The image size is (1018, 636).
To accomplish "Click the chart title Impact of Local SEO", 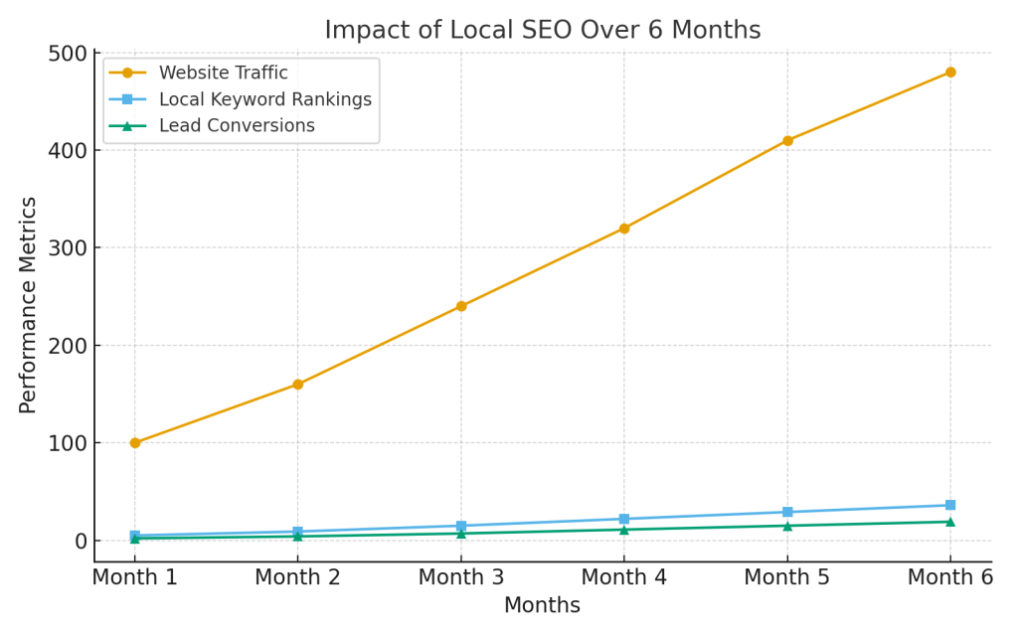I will click(542, 31).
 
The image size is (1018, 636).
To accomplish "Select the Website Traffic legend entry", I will click(223, 73).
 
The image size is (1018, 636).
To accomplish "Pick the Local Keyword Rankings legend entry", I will click(264, 99).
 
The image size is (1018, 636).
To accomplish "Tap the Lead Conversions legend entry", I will click(237, 126).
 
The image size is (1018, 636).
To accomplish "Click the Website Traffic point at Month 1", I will click(135, 443).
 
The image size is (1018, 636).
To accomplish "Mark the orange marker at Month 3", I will click(461, 306).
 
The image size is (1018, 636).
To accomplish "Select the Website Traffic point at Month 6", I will click(950, 73).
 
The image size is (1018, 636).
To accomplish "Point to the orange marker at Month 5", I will click(787, 140).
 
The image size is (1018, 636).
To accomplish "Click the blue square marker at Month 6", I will click(950, 505).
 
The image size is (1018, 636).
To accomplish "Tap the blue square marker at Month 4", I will click(624, 519).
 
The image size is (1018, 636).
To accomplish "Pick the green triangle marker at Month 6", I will click(950, 522).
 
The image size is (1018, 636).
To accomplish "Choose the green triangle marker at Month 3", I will click(461, 534).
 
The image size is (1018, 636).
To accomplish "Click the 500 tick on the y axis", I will click(67, 54).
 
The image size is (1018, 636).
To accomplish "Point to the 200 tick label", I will click(67, 346).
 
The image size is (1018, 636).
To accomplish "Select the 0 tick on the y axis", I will click(80, 541).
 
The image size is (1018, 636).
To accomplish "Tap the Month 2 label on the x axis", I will click(297, 577).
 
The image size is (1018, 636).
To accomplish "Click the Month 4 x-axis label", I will click(623, 577).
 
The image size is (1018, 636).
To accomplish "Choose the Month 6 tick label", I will click(949, 577).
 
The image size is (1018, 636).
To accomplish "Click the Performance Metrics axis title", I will click(29, 304).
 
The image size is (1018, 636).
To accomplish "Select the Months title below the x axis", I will click(542, 605).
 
